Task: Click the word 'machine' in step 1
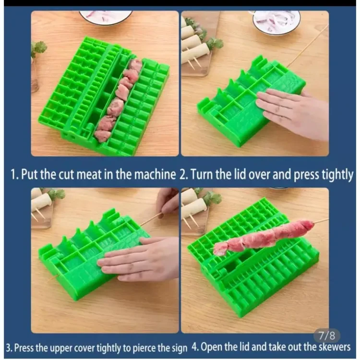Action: [155, 175]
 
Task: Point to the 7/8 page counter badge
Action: [327, 336]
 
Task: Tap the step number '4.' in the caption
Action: [195, 347]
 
